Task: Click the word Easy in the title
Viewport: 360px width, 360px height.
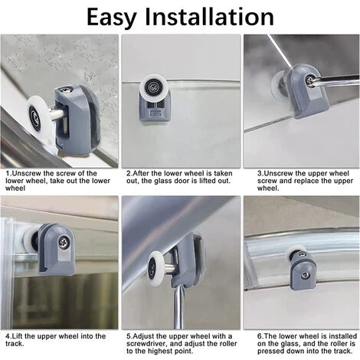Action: tap(112, 17)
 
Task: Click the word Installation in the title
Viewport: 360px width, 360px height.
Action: tap(209, 16)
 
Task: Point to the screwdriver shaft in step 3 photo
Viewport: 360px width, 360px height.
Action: tap(335, 79)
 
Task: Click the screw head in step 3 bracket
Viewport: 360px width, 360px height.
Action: tap(309, 80)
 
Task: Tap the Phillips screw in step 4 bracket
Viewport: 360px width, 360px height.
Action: tap(64, 241)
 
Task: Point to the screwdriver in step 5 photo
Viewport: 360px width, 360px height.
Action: tap(179, 306)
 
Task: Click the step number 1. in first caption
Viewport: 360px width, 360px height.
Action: tap(9, 173)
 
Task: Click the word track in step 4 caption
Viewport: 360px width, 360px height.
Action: tap(14, 343)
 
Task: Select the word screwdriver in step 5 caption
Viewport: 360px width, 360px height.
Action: tap(146, 343)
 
